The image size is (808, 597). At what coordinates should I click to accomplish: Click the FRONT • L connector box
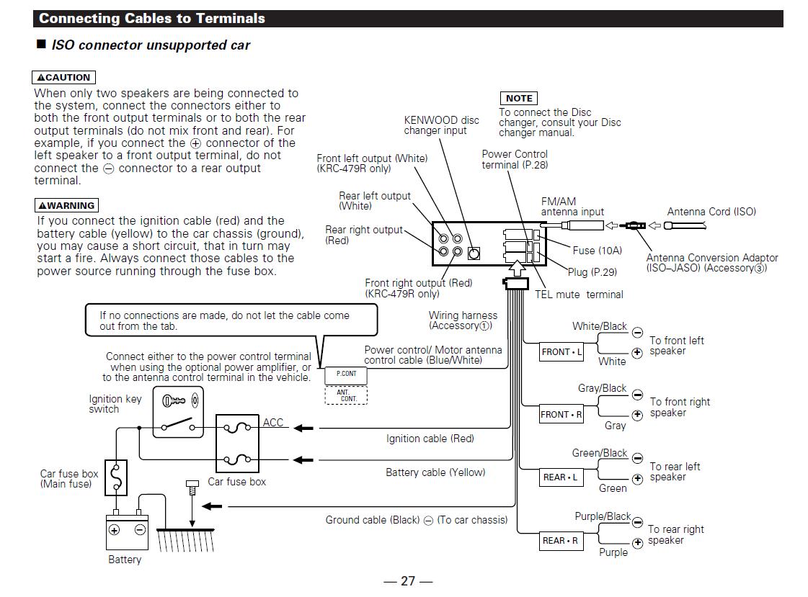click(561, 352)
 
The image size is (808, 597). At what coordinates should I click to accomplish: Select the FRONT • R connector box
click(561, 414)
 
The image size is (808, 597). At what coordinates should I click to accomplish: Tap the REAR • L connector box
click(560, 477)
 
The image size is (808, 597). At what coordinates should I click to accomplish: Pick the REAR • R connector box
click(560, 541)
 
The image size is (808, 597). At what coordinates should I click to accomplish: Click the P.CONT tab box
click(346, 374)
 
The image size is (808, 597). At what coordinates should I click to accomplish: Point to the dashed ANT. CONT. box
click(346, 395)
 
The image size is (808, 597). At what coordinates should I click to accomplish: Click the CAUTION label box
click(64, 77)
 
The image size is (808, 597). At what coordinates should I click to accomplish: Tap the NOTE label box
click(519, 98)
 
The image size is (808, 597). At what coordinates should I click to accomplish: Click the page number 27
click(408, 581)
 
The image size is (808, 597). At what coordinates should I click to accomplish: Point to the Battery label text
click(125, 560)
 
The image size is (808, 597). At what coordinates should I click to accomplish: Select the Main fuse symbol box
click(116, 477)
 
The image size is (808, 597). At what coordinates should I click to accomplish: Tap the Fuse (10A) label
click(598, 251)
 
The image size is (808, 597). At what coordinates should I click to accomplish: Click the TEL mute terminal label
click(579, 295)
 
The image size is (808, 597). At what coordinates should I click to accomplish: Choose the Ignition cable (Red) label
click(430, 438)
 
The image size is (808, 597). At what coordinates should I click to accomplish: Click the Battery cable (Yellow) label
click(435, 472)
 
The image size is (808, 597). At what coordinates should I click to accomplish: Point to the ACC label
click(273, 423)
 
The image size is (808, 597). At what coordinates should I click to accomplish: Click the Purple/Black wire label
click(603, 516)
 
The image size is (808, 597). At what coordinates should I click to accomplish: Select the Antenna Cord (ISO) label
click(711, 212)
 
